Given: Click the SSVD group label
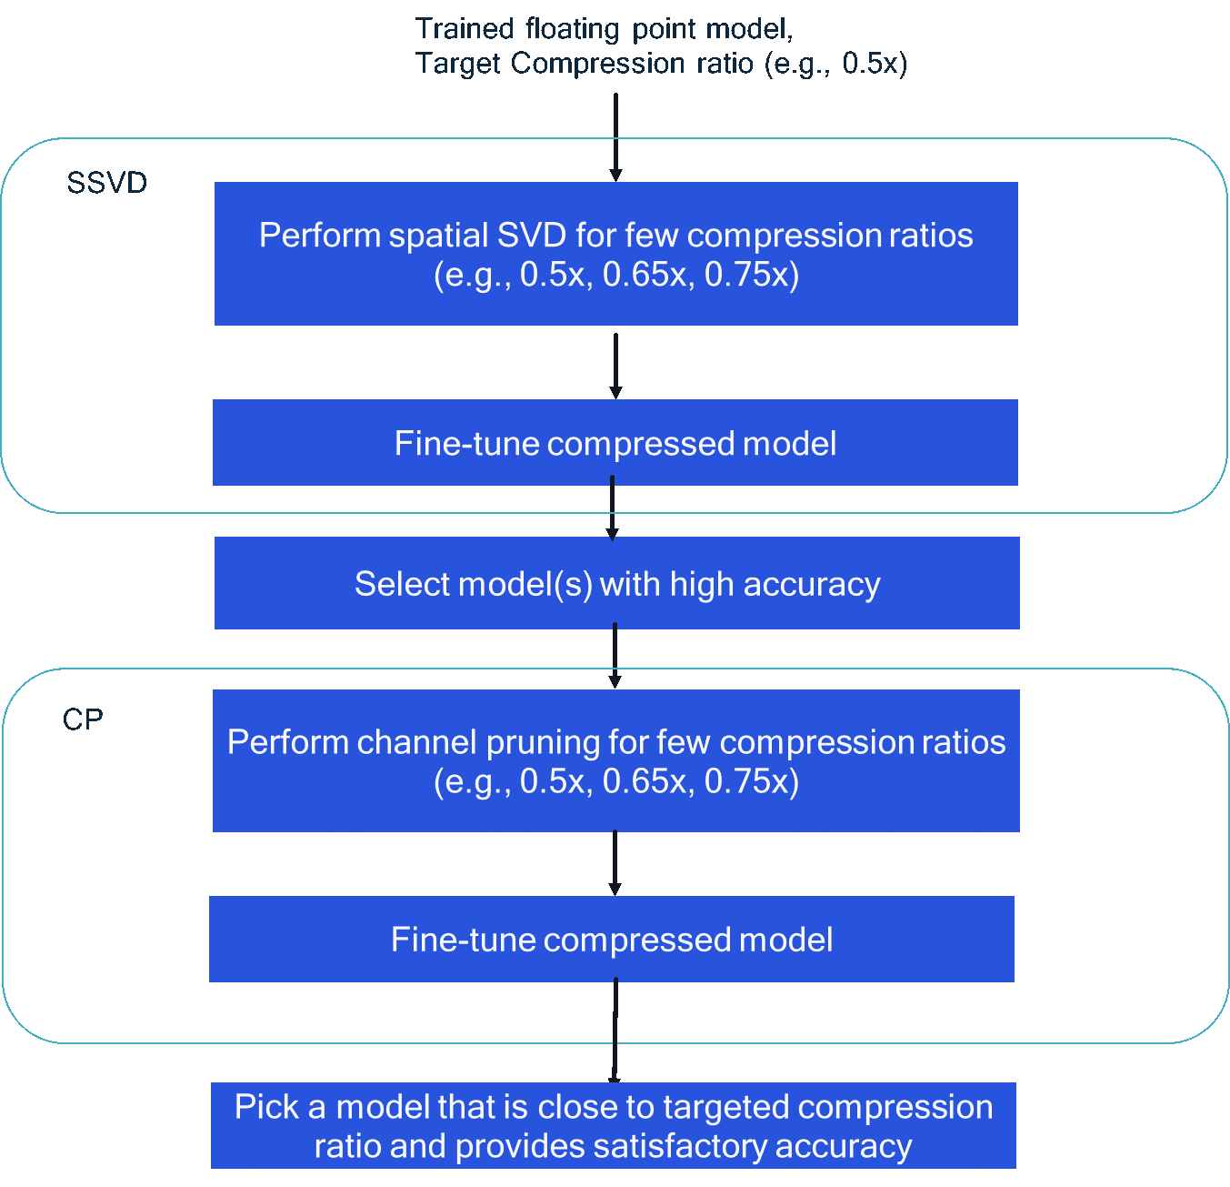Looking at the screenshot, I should click(106, 183).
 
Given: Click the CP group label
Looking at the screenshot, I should click(83, 719).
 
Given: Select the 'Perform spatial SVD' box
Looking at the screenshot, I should click(615, 254).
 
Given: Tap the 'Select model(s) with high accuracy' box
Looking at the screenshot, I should click(616, 583).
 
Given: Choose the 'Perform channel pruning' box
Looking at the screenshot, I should click(615, 760).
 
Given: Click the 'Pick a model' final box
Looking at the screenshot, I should click(613, 1125).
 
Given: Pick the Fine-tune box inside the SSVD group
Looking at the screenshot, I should click(615, 443).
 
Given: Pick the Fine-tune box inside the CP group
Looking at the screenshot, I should click(611, 939).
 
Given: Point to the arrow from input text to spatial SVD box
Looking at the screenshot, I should click(615, 136).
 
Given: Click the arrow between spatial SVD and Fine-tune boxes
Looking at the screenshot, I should click(615, 364).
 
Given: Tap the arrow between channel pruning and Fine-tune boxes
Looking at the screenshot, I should click(615, 862).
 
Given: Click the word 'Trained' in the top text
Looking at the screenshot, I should click(465, 29).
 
